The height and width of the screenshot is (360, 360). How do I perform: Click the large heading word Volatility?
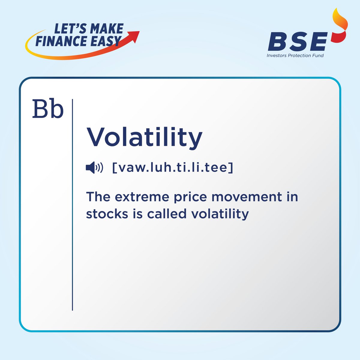click(x=144, y=138)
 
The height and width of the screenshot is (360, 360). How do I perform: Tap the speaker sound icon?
click(x=94, y=168)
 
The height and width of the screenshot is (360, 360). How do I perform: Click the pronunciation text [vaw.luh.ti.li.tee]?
click(x=172, y=168)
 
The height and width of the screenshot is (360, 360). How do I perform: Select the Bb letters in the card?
click(x=48, y=109)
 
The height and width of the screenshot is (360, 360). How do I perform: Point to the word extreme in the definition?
click(x=142, y=197)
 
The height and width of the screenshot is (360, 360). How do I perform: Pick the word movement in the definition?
click(x=247, y=197)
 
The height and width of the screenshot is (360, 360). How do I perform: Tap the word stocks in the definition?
click(x=107, y=214)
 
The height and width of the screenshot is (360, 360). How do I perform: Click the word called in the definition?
click(x=166, y=214)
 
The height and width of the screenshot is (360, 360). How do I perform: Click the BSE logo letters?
click(x=298, y=41)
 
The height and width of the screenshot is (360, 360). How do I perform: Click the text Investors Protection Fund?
click(x=295, y=55)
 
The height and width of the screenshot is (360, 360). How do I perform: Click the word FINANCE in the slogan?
click(x=61, y=41)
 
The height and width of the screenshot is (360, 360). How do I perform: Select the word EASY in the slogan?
click(x=106, y=41)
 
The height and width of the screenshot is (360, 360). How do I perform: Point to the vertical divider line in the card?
click(x=72, y=205)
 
